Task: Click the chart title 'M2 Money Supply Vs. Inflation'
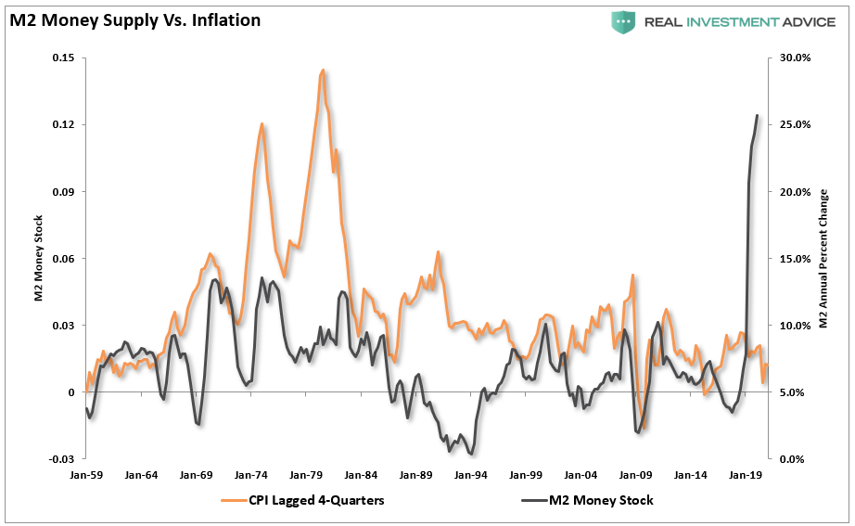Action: (134, 19)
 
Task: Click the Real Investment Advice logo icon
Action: (622, 21)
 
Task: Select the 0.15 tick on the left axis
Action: (62, 58)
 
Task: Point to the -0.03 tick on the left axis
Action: (60, 459)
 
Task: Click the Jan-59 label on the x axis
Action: (85, 474)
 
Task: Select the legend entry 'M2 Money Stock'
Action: (597, 501)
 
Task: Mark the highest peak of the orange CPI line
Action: (322, 70)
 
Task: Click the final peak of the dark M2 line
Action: (757, 115)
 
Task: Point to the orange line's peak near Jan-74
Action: (262, 123)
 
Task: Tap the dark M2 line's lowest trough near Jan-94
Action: (472, 454)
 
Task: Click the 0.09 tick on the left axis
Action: (62, 191)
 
